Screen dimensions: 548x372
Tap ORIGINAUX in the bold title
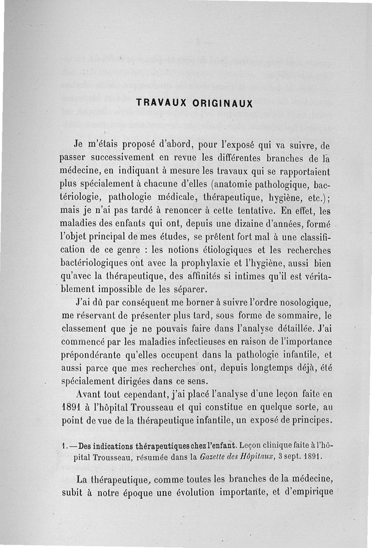(223, 103)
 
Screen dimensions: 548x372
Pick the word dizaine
(264, 223)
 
